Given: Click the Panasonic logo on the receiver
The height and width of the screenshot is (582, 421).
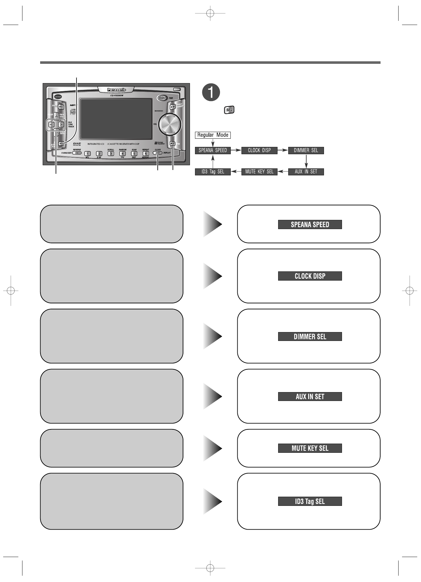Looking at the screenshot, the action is coord(116,90).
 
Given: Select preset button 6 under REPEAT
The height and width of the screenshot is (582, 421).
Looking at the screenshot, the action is coord(146,154).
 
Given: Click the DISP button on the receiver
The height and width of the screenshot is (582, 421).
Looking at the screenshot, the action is coord(157,153).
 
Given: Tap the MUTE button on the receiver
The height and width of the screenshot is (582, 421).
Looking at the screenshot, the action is coord(173,143).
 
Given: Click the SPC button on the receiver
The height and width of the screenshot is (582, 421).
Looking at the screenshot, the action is coord(61,107).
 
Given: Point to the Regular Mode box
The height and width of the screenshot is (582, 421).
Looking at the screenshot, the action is coord(213,135).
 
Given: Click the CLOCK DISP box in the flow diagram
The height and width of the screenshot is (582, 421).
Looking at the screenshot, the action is coord(259,150).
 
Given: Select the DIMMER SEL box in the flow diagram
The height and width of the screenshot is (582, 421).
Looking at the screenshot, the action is coord(306,150).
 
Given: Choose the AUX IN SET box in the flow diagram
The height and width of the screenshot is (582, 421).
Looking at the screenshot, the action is coord(306,172).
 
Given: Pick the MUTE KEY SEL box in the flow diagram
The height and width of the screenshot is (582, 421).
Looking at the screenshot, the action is coord(259,172).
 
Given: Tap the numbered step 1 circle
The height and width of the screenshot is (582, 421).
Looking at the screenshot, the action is coord(211,92).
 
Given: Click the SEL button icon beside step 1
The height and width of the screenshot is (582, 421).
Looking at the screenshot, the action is coord(229,110).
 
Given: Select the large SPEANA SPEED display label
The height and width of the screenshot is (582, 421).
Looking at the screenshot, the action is coord(310,225).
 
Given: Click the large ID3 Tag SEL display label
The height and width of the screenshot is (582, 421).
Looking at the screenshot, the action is coord(310,501).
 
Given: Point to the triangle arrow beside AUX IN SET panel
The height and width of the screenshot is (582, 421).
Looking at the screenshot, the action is coord(212,396).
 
